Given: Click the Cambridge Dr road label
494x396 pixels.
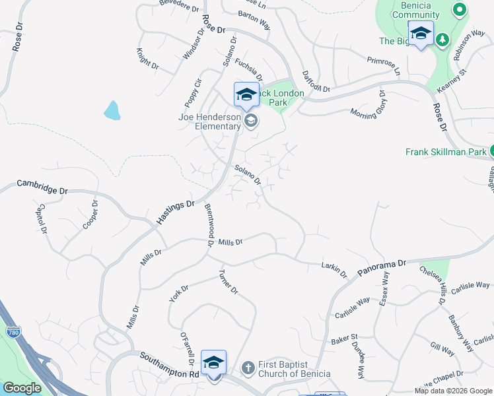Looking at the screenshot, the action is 42,187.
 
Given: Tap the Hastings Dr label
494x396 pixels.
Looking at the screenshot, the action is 176,213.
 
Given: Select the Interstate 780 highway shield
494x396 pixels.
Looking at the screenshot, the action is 12,334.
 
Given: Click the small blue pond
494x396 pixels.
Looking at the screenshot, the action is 112,110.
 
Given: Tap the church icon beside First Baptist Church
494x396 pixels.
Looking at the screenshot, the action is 248,367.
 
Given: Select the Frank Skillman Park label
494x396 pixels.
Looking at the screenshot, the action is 446,152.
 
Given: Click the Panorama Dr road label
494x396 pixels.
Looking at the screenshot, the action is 382,267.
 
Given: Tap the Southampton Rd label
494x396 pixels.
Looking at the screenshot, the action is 169,365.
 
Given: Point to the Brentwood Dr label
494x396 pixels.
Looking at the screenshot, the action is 209,225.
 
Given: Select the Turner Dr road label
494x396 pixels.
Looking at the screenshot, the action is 229,282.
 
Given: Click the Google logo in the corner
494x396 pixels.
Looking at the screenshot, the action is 22,388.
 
